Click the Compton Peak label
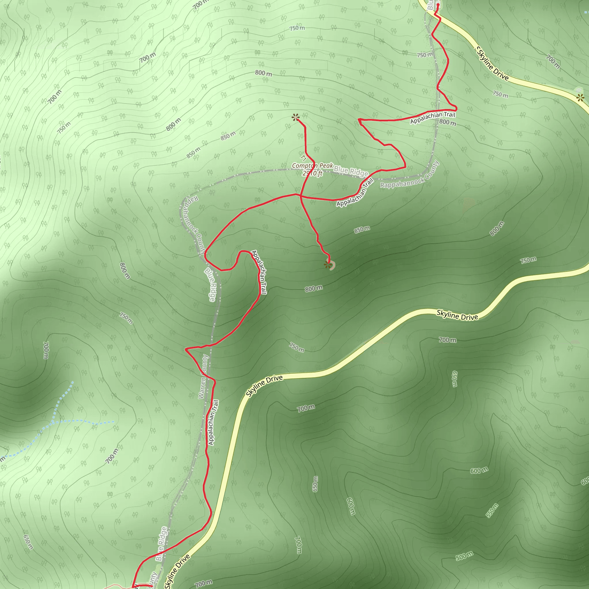(x=312, y=166)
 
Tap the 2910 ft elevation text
(x=312, y=173)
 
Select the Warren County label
(x=203, y=376)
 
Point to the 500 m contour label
(x=464, y=556)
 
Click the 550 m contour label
(x=492, y=511)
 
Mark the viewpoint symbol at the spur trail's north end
(x=295, y=117)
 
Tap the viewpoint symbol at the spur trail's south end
(x=328, y=265)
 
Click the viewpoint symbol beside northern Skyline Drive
(x=580, y=98)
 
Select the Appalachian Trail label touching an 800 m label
(x=432, y=118)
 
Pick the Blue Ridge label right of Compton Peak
(x=351, y=171)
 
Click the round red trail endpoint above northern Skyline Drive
(x=438, y=5)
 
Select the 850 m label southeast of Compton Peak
(x=362, y=230)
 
